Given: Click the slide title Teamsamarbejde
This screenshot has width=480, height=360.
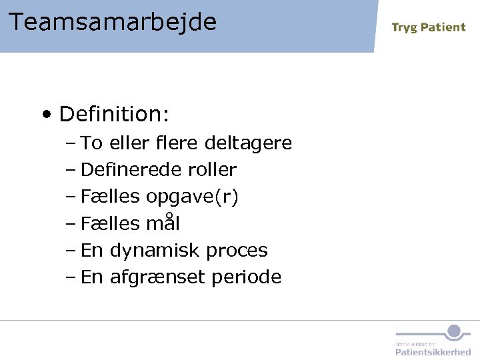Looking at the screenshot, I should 113,22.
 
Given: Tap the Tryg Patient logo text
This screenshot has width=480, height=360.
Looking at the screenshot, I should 428,27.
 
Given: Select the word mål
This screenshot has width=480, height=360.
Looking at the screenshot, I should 163,223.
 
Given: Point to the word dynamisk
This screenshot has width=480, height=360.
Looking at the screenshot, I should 155,251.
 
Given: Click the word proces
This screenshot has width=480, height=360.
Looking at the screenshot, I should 237,251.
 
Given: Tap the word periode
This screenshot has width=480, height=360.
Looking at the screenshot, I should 246,277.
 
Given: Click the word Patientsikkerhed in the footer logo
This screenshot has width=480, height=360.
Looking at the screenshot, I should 433,351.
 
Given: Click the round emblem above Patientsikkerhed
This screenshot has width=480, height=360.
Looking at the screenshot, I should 454,331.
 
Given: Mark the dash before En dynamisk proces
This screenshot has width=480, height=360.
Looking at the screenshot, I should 71,251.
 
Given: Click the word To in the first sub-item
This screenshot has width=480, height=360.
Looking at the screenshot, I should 91,143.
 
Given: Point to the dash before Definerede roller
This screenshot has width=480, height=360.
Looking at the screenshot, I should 71,170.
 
